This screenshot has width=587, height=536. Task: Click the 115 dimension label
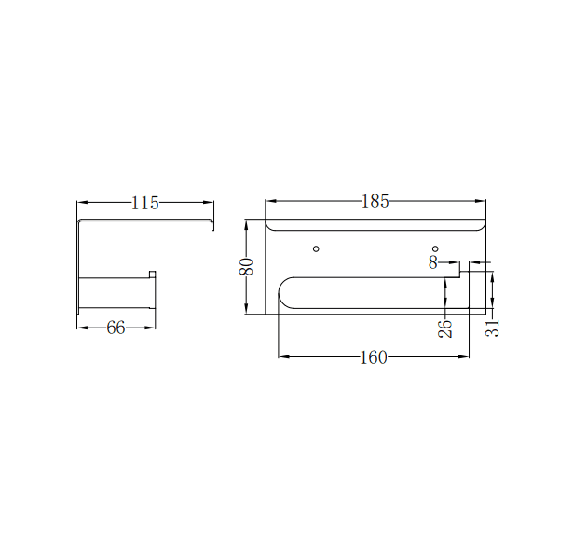tap(145, 202)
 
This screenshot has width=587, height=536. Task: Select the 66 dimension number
tap(116, 328)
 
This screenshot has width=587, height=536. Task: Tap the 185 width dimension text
tap(375, 201)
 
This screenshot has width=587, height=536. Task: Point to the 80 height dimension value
tap(246, 267)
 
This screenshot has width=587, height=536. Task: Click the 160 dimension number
tap(373, 357)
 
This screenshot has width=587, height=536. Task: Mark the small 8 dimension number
tap(432, 262)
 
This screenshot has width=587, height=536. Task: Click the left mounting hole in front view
tap(316, 248)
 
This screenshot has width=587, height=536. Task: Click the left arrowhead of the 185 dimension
tap(270, 201)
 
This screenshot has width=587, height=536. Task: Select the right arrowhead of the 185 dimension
tap(482, 201)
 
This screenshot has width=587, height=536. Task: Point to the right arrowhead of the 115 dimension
tap(210, 202)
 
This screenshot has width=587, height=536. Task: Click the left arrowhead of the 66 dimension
tap(81, 328)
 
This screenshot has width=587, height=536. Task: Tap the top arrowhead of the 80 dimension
tap(246, 223)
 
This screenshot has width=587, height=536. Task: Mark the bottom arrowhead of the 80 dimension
tap(246, 310)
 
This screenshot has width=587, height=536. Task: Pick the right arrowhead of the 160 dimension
tap(464, 356)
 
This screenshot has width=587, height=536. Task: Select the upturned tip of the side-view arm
tap(153, 274)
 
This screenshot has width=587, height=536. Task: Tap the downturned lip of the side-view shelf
tap(212, 226)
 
